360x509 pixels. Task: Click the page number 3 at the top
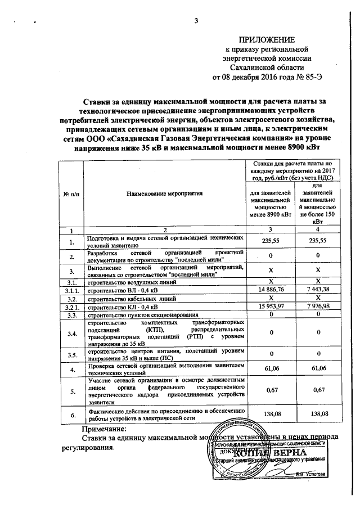(x=197, y=21)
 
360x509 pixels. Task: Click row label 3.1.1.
(x=71, y=290)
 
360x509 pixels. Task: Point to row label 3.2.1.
(x=71, y=307)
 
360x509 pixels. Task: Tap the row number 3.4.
(x=71, y=333)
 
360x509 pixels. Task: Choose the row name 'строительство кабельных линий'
(x=129, y=299)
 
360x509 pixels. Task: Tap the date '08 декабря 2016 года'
(x=255, y=76)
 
